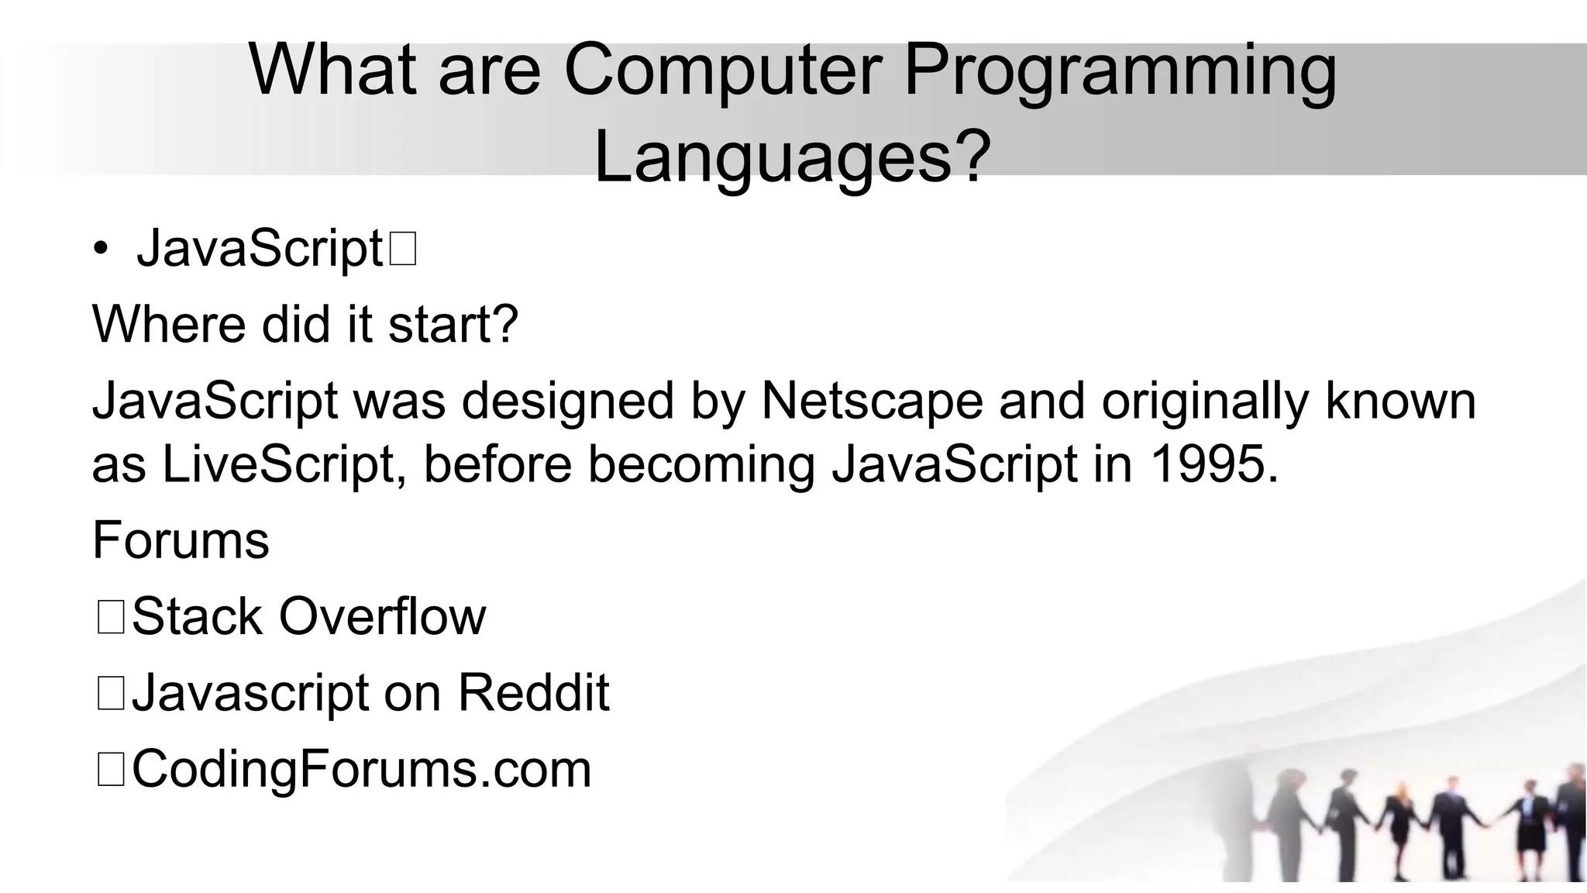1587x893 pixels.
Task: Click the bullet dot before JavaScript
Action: (101, 250)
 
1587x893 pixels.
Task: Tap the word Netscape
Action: (872, 401)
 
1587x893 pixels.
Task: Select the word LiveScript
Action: (283, 464)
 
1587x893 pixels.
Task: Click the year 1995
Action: (1213, 464)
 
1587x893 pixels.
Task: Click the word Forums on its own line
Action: (181, 540)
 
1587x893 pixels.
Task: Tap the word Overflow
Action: (382, 617)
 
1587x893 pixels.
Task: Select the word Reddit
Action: (533, 692)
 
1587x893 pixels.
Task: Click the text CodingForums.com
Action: (361, 769)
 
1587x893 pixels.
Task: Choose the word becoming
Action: (701, 466)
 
